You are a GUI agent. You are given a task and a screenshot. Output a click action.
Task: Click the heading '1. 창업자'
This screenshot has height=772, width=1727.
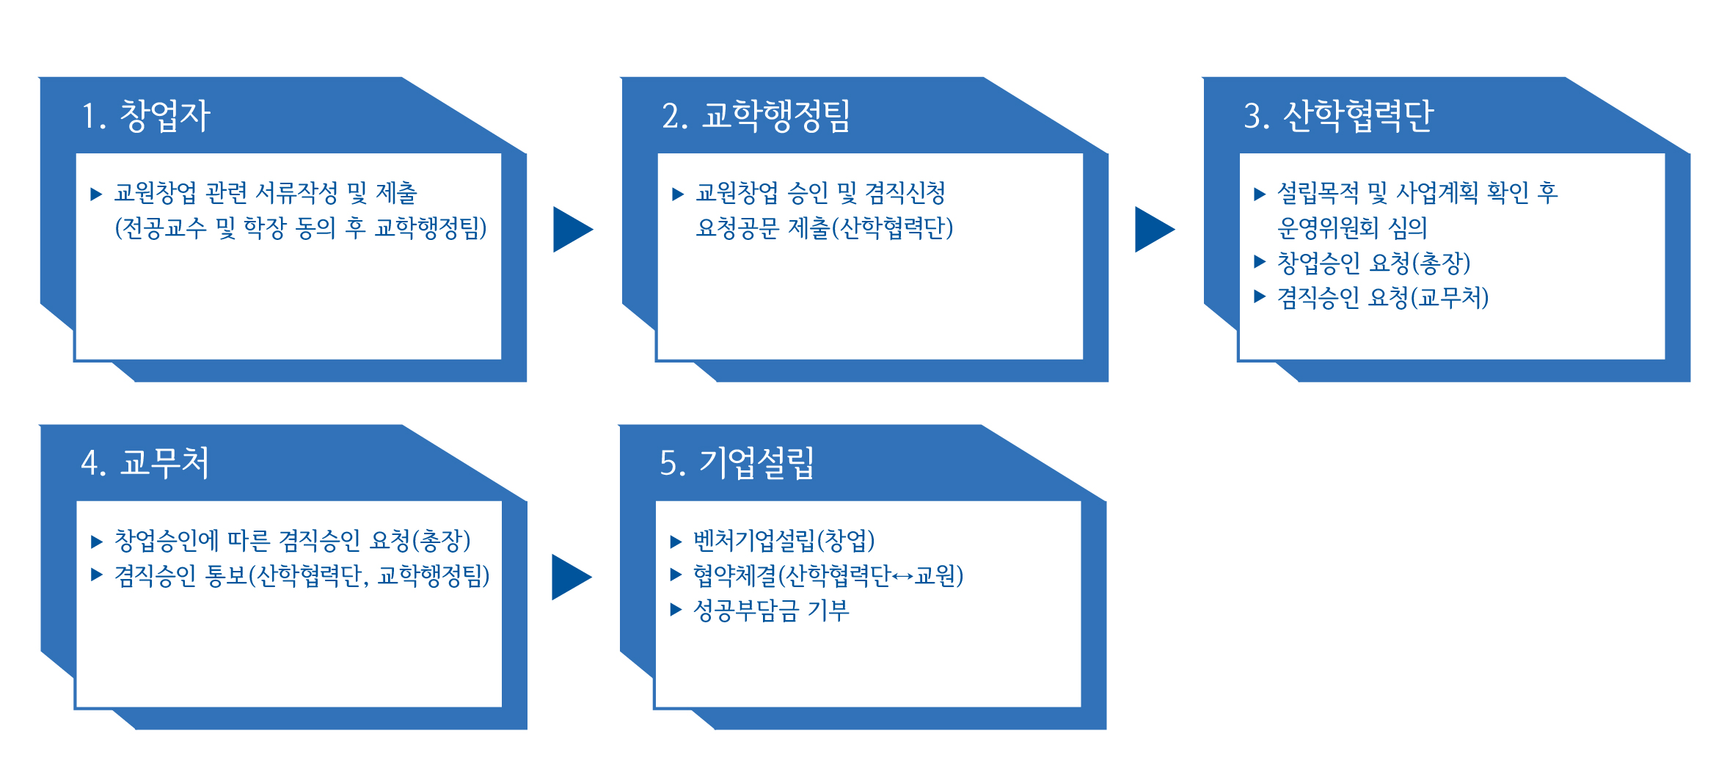(x=146, y=116)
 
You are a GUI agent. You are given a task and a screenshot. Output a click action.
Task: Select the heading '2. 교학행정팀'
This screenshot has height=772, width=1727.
(x=756, y=116)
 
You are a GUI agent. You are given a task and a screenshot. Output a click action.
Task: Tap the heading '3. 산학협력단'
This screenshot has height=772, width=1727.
(x=1338, y=116)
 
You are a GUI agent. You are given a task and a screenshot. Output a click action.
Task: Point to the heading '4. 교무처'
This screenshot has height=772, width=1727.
(x=145, y=463)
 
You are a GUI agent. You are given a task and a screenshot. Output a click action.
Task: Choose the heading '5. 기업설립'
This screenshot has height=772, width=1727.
(x=737, y=463)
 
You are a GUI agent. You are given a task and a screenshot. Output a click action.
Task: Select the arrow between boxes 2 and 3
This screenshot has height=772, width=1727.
(x=1155, y=229)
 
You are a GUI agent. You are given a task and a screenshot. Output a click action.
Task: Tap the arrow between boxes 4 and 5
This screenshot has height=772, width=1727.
(x=572, y=577)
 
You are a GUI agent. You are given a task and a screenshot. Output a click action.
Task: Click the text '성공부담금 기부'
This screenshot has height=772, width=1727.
(x=771, y=611)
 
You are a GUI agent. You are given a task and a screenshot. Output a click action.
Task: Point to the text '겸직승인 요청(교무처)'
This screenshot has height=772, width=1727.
(x=1383, y=297)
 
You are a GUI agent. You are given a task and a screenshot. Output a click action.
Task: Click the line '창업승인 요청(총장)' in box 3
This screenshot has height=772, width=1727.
(x=1373, y=262)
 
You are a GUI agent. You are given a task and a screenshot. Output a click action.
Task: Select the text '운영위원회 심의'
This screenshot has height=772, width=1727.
(x=1352, y=227)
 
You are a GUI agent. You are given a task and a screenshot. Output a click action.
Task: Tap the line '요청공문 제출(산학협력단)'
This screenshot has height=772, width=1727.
(x=825, y=228)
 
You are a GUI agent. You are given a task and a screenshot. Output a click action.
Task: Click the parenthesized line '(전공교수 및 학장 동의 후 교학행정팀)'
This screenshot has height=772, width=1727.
(x=301, y=228)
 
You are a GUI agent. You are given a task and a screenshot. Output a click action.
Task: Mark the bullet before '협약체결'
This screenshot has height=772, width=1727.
(x=676, y=575)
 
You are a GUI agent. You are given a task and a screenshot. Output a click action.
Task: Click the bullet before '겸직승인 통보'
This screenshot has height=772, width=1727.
(x=96, y=575)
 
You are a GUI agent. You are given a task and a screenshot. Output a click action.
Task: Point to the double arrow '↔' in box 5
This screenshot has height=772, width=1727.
(x=903, y=577)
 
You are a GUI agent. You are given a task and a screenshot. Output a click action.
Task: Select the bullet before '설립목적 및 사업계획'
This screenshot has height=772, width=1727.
(x=1260, y=194)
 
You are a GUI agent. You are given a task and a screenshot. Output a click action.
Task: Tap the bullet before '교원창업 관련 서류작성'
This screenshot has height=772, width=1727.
(x=96, y=194)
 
